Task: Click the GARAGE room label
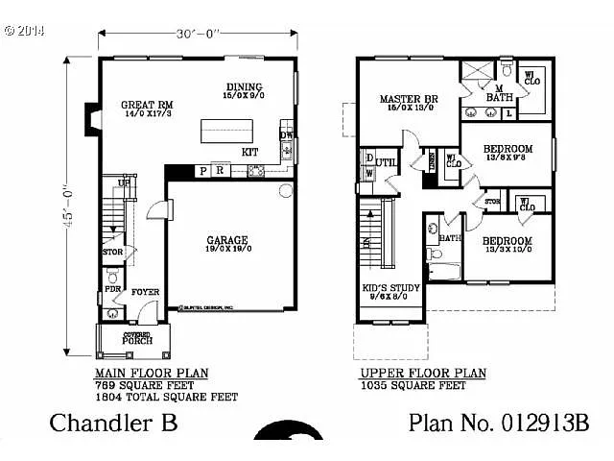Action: (x=228, y=240)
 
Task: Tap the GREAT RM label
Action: (x=145, y=105)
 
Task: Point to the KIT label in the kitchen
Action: (x=249, y=152)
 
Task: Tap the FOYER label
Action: (x=146, y=292)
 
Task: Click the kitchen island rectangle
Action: (x=225, y=130)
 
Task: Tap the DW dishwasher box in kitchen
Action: (x=286, y=135)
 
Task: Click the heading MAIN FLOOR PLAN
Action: (x=152, y=373)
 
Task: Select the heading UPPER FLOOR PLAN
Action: (x=423, y=374)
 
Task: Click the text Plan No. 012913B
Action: (x=499, y=423)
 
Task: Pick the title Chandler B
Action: (x=113, y=423)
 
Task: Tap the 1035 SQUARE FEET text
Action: (x=413, y=385)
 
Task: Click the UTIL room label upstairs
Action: (x=386, y=163)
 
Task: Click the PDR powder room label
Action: (x=112, y=289)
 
